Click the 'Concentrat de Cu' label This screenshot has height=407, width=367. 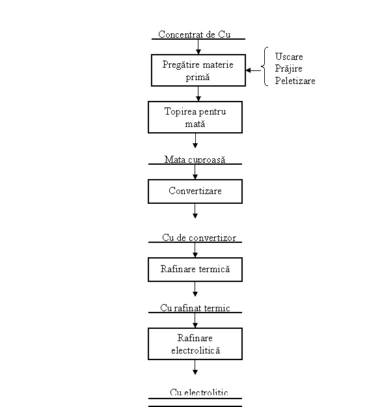tap(195, 35)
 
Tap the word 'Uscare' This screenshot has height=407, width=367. tap(289, 57)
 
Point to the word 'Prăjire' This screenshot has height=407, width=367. tap(289, 68)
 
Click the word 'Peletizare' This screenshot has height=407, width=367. tap(295, 81)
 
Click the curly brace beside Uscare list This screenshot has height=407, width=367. tap(264, 66)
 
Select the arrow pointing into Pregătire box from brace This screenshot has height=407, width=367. tap(253, 70)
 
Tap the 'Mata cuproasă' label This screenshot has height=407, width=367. tap(195, 160)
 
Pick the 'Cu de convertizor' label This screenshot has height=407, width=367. tap(199, 238)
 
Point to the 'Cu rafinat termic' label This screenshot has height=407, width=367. tap(195, 308)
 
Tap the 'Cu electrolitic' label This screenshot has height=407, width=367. tap(199, 392)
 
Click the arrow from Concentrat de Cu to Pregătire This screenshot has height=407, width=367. tap(198, 47)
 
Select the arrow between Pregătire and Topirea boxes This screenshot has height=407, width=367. tap(198, 94)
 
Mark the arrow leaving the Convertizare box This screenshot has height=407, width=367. tap(195, 211)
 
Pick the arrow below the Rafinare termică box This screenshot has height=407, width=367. tap(195, 289)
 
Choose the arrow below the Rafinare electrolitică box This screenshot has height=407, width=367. tap(195, 367)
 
